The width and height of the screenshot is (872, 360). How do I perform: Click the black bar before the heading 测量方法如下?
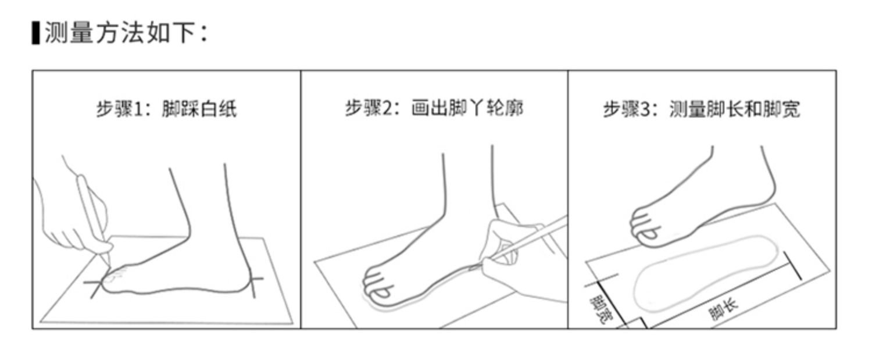coord(36,33)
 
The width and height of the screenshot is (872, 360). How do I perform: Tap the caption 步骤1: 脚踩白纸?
coord(167,109)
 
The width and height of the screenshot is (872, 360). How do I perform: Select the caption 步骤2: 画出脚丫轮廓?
coord(434,108)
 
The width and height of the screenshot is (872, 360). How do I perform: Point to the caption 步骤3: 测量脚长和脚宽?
coord(702,109)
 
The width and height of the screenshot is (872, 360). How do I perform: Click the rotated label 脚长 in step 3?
coord(723,310)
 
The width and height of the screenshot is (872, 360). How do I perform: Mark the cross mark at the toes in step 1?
coord(95,284)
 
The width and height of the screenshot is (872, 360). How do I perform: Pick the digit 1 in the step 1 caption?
coord(138,109)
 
